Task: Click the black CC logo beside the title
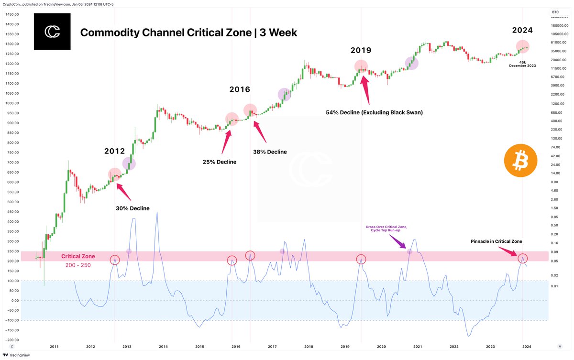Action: (x=52, y=32)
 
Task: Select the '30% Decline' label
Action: (x=132, y=208)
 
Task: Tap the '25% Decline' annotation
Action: (x=220, y=162)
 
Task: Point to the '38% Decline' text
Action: (x=270, y=152)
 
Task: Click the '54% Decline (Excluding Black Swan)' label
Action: (x=375, y=112)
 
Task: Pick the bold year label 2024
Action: (x=522, y=30)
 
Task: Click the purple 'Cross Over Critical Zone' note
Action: (x=386, y=229)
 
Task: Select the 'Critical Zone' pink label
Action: (x=78, y=256)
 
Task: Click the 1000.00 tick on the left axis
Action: (x=12, y=103)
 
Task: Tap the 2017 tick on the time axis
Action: (x=272, y=346)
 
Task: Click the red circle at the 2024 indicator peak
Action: (x=522, y=258)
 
